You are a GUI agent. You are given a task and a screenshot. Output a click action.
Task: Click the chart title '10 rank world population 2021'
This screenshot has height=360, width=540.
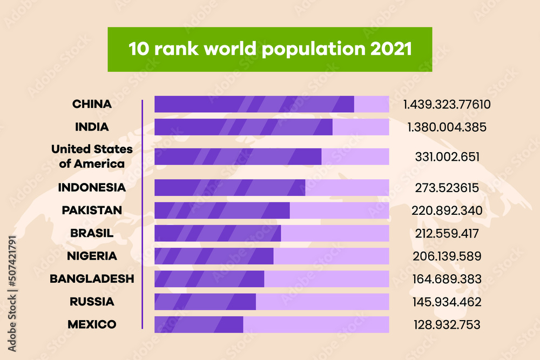click(x=269, y=49)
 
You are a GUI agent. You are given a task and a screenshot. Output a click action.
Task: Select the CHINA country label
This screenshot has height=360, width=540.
click(x=92, y=104)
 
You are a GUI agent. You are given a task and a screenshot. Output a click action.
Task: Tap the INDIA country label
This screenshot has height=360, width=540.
click(x=92, y=127)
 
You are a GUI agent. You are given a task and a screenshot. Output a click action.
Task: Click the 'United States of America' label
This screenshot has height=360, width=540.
click(x=92, y=156)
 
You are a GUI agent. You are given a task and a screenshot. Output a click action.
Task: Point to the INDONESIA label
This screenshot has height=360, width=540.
click(x=92, y=188)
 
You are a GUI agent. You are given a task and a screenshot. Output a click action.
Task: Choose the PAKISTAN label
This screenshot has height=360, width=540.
click(x=92, y=210)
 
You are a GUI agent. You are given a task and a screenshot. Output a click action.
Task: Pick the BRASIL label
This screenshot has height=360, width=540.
click(x=92, y=233)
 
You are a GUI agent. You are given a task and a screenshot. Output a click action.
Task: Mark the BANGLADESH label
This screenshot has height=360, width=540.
click(x=92, y=279)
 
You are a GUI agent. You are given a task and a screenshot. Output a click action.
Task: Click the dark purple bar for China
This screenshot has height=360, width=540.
click(x=254, y=104)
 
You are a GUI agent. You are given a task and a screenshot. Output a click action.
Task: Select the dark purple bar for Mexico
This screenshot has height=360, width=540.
click(x=199, y=324)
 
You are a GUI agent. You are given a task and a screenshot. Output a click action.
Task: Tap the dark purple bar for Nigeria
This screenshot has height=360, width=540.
click(x=214, y=256)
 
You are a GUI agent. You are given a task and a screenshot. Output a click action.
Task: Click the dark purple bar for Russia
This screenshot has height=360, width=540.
click(x=205, y=302)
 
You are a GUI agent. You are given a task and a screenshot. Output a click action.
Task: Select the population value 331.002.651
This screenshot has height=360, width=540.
click(x=447, y=157)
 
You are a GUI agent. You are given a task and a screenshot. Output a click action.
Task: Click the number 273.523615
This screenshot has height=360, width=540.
click(x=447, y=188)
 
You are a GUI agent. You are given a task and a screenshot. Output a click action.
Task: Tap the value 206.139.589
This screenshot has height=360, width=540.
click(x=447, y=256)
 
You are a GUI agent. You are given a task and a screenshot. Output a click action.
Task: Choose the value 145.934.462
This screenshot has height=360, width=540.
click(x=447, y=302)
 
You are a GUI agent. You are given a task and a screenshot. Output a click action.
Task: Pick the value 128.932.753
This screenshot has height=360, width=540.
click(x=447, y=324)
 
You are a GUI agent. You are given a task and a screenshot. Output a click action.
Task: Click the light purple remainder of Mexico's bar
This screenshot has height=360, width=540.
click(x=316, y=324)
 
